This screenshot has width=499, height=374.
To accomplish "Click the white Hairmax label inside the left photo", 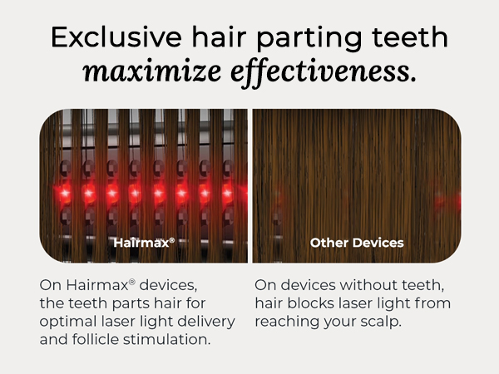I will (x=143, y=244).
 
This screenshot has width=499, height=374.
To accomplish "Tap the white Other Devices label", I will (x=356, y=244).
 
